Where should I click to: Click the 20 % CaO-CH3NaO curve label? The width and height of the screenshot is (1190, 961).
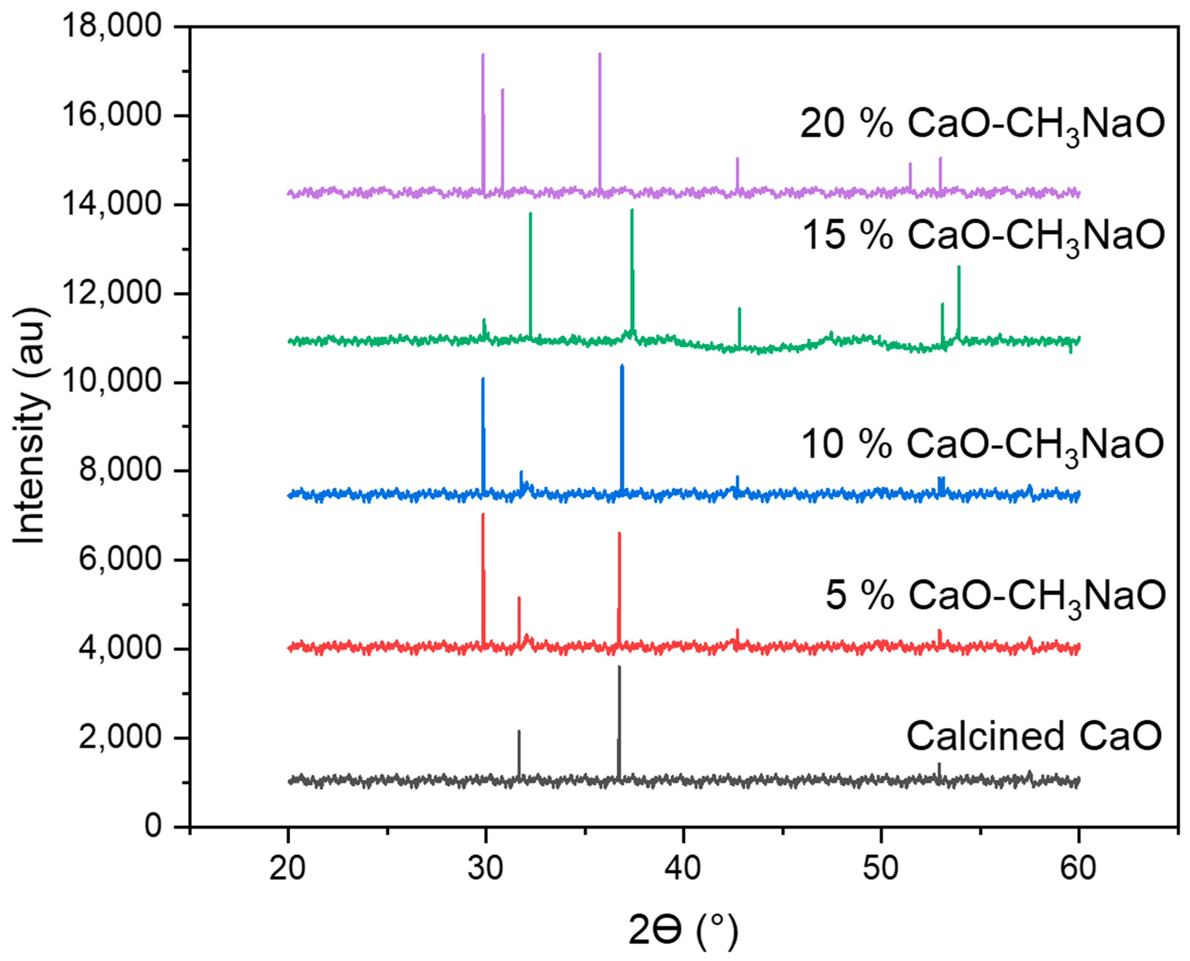pos(982,124)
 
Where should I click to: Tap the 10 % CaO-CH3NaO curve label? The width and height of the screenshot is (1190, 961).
pos(982,445)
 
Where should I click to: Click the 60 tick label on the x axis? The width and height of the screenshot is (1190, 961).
pos(1078,868)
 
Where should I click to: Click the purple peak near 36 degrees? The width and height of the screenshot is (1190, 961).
pos(599,55)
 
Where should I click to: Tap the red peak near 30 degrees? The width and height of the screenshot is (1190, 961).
pos(483,516)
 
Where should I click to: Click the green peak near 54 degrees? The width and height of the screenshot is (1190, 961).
pos(959,268)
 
